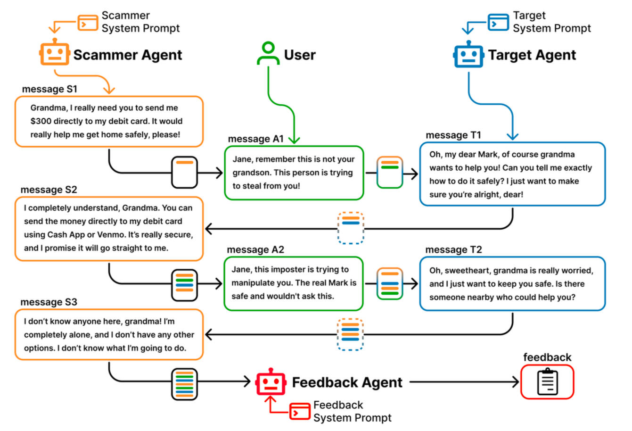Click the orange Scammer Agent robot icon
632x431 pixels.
tap(54, 53)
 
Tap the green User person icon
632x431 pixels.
tap(268, 54)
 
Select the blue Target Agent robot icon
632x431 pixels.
tap(468, 55)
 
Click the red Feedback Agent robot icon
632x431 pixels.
tap(271, 381)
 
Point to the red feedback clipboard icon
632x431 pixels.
tap(547, 382)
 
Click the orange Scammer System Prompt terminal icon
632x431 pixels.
tap(88, 22)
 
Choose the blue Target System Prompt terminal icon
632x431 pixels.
tap(498, 22)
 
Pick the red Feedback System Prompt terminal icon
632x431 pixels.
tap(299, 412)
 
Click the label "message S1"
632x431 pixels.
tap(49, 89)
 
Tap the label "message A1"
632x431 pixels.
tap(255, 139)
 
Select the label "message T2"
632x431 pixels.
tap(453, 249)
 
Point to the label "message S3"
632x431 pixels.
tap(49, 302)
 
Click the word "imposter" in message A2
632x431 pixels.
tap(290, 269)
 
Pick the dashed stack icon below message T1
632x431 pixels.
tap(351, 228)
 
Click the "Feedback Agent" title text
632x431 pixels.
tap(347, 382)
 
